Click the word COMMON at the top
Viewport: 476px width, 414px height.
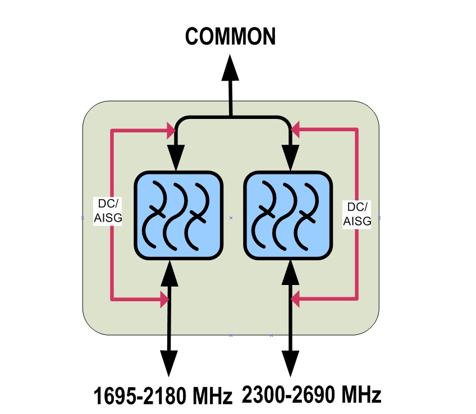230,37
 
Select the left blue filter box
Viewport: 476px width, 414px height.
178,215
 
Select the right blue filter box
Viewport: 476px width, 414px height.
287,215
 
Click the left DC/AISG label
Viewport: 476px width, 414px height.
107,211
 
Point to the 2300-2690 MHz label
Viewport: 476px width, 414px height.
312,395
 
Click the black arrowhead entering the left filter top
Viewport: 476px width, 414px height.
177,158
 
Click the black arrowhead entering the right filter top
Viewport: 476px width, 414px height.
290,158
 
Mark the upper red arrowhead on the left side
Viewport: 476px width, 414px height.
170,131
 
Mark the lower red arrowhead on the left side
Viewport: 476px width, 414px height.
163,300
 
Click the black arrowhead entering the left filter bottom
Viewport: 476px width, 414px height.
169,272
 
